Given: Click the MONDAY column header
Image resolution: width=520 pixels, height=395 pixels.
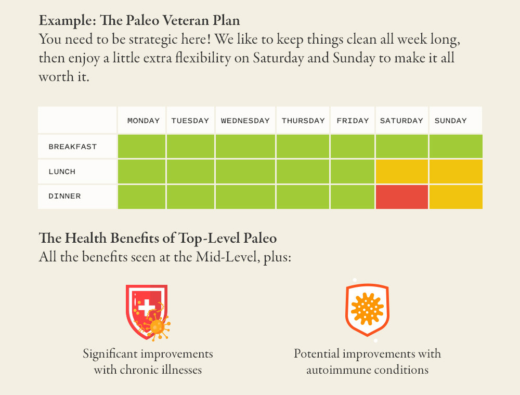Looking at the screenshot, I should [x=143, y=121].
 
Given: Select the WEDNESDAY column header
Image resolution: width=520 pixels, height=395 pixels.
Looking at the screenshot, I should [x=245, y=121].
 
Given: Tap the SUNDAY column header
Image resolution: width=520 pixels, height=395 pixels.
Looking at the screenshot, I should [x=450, y=121].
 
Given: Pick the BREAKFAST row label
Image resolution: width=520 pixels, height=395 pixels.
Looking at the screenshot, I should [x=73, y=147].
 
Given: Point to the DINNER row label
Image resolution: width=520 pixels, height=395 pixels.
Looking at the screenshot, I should [x=64, y=196].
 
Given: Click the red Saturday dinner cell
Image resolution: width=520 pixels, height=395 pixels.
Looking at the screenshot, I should [x=401, y=197].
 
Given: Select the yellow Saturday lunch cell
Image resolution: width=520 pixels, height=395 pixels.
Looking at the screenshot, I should [x=401, y=172].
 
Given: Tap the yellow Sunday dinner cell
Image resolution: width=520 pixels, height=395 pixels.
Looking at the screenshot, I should [x=456, y=197].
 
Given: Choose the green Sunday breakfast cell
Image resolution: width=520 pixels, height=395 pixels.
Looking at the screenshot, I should [x=456, y=147].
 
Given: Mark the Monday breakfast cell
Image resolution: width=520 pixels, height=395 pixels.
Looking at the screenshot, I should [x=141, y=147].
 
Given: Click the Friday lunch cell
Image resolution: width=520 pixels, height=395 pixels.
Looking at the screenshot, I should [x=352, y=172].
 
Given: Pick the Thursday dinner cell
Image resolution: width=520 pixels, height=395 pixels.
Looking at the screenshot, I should [x=303, y=197].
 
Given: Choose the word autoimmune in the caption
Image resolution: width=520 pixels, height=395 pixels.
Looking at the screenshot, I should [x=339, y=370].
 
